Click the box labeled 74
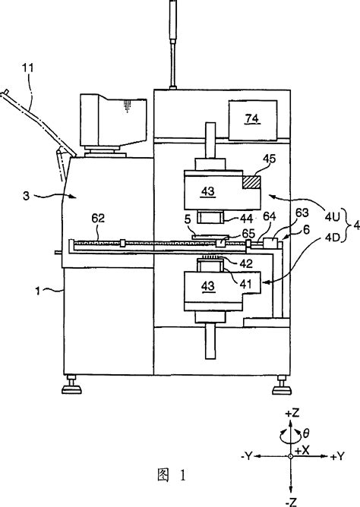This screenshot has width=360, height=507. click(x=248, y=118)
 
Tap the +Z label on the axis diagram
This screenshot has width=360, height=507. click(x=292, y=412)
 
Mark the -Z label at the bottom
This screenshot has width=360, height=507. click(x=292, y=500)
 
